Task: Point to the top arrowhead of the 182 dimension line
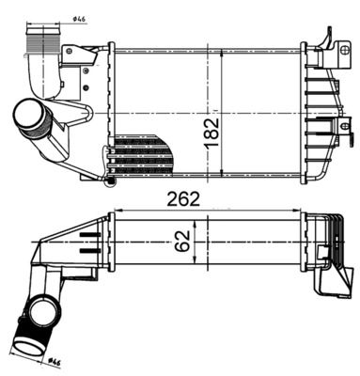tap(221, 47)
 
